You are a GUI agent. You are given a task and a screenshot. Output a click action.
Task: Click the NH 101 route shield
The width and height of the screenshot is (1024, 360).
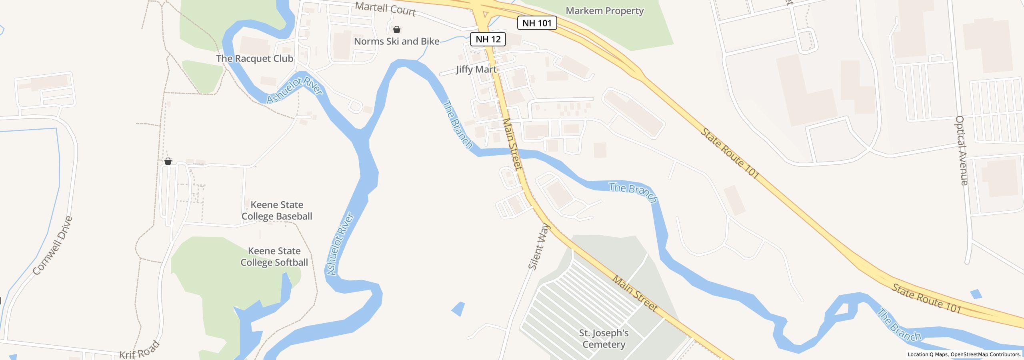(x=537, y=23)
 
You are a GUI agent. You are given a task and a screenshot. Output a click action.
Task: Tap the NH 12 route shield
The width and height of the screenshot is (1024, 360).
(x=488, y=39)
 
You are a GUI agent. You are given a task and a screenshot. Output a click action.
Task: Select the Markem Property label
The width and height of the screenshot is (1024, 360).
(x=604, y=11)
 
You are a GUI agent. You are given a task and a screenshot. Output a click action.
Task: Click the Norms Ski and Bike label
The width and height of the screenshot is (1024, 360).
(x=396, y=41)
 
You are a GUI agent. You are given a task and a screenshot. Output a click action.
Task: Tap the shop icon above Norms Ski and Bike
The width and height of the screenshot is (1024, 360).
(x=396, y=30)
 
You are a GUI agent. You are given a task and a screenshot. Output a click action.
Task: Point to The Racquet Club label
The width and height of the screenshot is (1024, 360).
(x=254, y=58)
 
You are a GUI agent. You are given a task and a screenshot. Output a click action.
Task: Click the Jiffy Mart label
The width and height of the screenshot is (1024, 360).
(x=476, y=69)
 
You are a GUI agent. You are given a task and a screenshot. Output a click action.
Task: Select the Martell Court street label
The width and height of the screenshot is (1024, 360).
(x=385, y=9)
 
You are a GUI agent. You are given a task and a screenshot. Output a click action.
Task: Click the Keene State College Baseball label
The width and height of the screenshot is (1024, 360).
(x=276, y=210)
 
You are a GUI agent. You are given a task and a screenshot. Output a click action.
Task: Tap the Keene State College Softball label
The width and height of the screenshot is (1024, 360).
(x=274, y=257)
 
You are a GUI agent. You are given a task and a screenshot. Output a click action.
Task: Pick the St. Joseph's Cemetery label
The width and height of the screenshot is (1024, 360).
(x=604, y=338)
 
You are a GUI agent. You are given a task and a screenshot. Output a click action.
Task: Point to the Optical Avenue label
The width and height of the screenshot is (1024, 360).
(x=961, y=150)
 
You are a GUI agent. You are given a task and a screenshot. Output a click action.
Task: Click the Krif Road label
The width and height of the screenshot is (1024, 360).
(x=139, y=350)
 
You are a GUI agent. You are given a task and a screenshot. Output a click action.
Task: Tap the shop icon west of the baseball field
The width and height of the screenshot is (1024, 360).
(x=168, y=161)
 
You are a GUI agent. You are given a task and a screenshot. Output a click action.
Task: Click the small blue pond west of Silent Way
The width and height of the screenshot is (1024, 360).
(x=459, y=309)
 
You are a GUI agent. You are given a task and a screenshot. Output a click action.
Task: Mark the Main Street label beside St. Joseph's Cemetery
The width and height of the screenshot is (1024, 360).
(x=635, y=294)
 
